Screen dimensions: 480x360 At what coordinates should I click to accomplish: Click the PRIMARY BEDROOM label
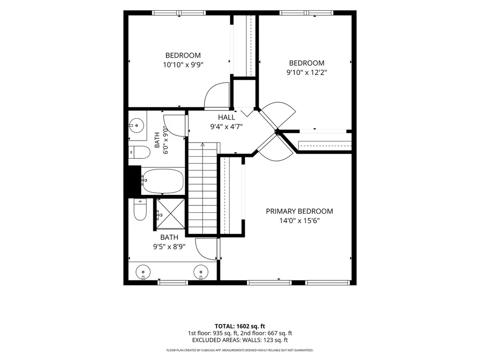tap(300, 211)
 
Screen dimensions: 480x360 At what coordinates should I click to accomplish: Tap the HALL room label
tap(226, 117)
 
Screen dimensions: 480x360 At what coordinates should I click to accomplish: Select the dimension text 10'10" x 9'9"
tap(183, 65)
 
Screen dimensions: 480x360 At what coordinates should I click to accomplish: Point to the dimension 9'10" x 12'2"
tap(307, 73)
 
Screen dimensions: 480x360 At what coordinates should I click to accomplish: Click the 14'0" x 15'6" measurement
tap(300, 221)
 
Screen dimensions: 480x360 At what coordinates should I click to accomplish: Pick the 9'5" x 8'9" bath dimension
tap(169, 247)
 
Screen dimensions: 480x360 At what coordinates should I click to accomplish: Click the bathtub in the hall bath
tap(163, 181)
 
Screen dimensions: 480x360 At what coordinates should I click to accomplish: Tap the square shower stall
tap(171, 214)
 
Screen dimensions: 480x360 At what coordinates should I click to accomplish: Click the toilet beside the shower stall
tap(140, 210)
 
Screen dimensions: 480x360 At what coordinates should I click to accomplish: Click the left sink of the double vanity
tap(143, 272)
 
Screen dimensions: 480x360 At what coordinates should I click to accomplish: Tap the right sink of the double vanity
tap(201, 272)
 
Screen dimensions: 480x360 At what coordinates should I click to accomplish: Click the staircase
tap(202, 188)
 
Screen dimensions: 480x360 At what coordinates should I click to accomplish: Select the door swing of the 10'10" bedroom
tap(217, 95)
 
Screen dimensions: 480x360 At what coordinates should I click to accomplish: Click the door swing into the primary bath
tap(207, 249)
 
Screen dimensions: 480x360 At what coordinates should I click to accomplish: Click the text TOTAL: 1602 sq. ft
tap(240, 326)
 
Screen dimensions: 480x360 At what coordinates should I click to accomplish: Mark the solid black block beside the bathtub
tap(134, 180)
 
